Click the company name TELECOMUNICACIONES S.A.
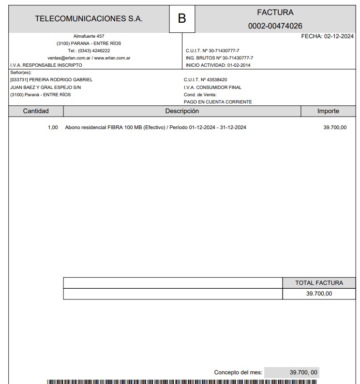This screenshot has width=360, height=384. coord(89,19)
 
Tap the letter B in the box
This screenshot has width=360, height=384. coord(182,19)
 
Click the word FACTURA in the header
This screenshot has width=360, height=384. coord(275,13)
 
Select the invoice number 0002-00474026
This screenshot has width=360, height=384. coord(275,26)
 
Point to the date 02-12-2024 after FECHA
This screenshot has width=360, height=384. coord(339,36)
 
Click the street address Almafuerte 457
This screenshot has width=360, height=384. coord(89,36)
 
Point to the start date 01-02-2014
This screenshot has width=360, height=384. coord(239,65)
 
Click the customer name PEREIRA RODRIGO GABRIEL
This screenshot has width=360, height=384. coord(61,80)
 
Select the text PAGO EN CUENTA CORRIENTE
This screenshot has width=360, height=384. coord(218,102)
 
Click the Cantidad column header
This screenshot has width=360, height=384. coord(36,111)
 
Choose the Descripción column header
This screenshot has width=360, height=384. coord(182,111)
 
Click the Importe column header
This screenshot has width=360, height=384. coord(328,111)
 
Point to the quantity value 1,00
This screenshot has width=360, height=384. coord(53,128)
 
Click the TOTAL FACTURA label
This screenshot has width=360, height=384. coord(319,283)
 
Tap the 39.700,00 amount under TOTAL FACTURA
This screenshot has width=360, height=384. coord(319,294)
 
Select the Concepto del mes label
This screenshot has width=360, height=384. coord(238,372)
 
